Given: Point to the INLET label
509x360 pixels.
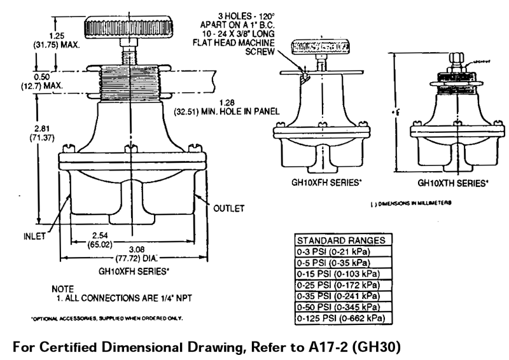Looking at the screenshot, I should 32,236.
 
